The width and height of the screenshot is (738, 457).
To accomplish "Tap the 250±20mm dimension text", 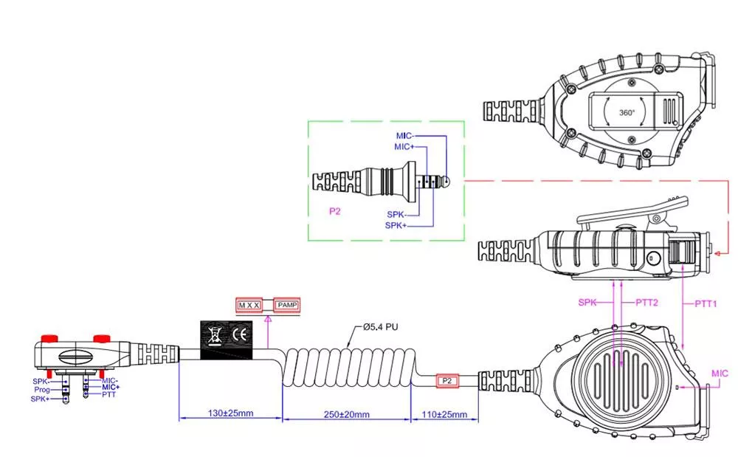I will coord(345,413).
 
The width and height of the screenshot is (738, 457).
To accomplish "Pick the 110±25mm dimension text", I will coord(444,413).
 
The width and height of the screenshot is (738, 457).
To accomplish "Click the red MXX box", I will coord(249,304).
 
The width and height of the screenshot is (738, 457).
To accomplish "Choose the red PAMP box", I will coord(286,304).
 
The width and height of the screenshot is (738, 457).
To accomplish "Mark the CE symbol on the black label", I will coord(240,334).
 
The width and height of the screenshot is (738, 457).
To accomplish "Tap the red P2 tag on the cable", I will coord(446,380).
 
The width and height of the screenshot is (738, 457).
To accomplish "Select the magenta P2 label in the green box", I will coord(335,210).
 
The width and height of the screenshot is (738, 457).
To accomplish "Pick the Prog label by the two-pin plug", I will coord(42,389).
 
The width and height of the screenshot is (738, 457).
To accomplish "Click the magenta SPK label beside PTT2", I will coord(587,303).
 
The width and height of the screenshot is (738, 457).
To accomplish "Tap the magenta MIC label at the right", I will coord(719,374).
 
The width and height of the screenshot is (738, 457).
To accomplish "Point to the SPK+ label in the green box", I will coord(396,224).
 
